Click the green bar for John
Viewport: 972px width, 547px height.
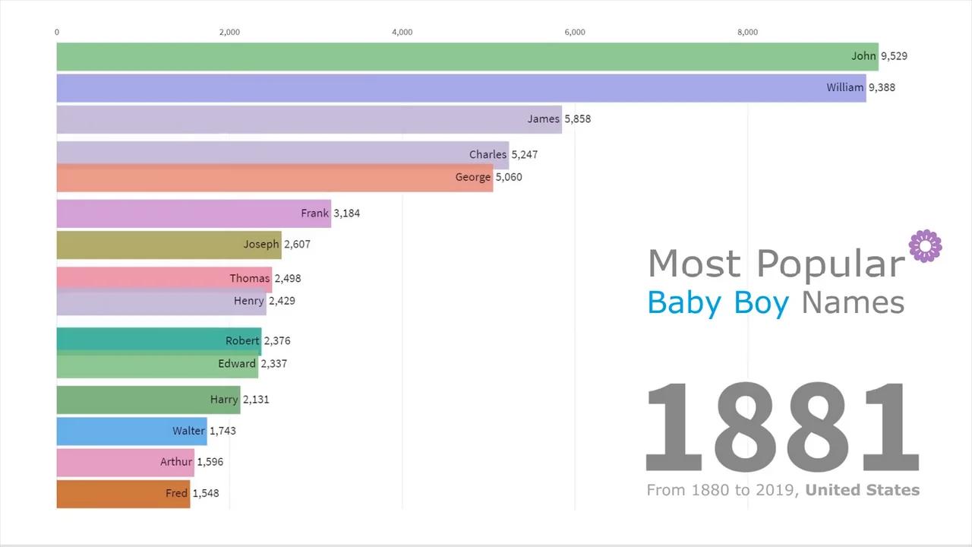point(456,56)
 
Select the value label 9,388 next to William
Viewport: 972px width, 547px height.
point(882,87)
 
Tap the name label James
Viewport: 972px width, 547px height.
point(543,119)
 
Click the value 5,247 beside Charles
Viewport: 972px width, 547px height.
point(524,154)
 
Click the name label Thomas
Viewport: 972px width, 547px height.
point(249,278)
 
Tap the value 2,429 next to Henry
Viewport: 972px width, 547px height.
point(282,301)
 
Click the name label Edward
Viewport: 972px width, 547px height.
point(236,363)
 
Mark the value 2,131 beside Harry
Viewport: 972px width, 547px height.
point(256,400)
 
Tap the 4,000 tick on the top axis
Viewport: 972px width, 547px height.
point(402,32)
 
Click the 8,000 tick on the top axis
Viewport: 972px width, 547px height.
point(747,32)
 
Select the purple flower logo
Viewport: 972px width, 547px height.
point(925,246)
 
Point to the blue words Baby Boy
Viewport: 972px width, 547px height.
point(718,302)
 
